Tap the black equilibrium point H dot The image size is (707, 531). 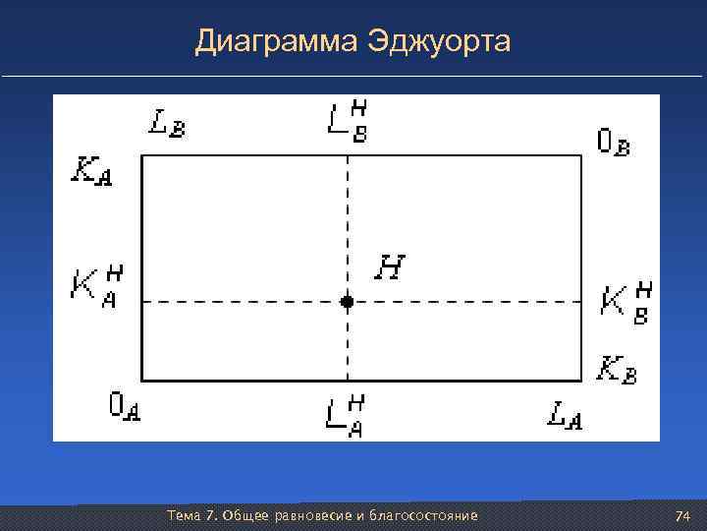click(347, 302)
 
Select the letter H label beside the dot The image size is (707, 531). click(391, 266)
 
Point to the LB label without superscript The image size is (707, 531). click(168, 124)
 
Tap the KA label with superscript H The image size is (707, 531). click(96, 285)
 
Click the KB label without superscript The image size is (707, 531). click(618, 371)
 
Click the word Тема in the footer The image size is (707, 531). click(185, 516)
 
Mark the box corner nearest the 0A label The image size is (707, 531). click(142, 380)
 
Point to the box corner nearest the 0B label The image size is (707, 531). click(581, 155)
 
